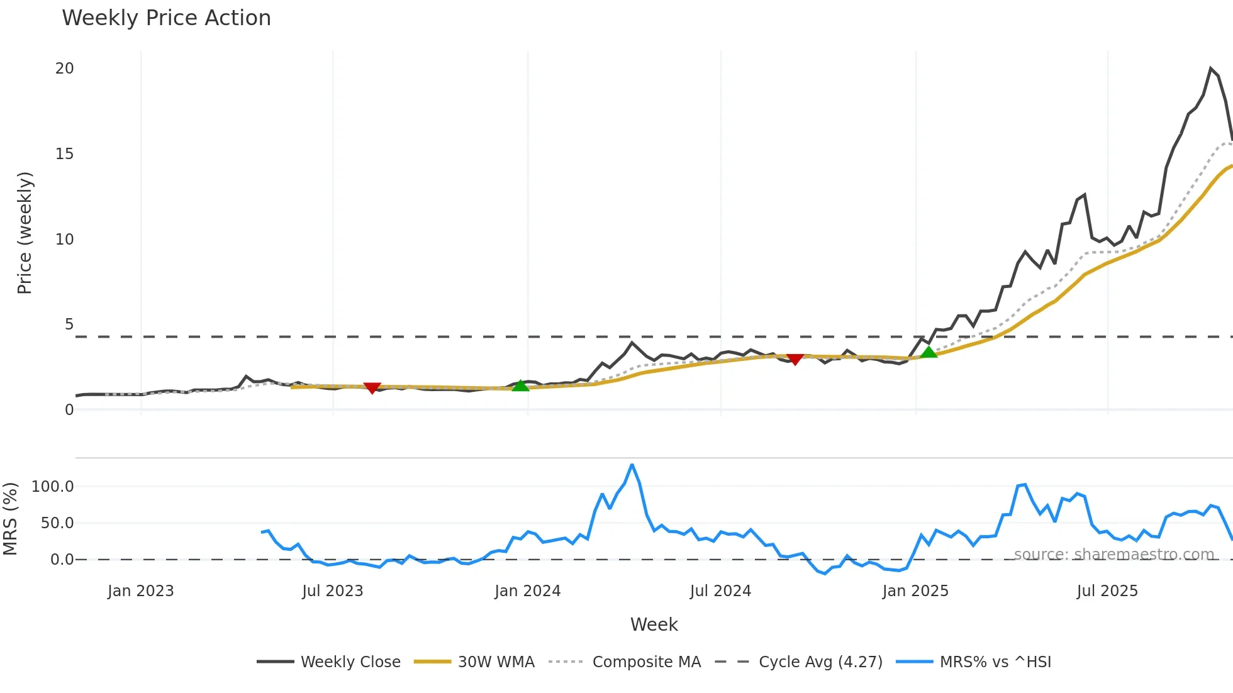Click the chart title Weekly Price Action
(166, 18)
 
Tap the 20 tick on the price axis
(65, 69)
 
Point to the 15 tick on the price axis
(65, 154)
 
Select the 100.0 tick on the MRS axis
(53, 487)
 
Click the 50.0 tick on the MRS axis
(57, 523)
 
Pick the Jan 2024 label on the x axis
(527, 591)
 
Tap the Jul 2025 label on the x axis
(1107, 591)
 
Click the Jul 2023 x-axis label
(333, 591)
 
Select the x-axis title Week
(654, 624)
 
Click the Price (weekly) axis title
(25, 233)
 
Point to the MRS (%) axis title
(10, 519)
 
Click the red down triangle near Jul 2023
(372, 388)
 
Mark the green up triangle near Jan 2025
(929, 352)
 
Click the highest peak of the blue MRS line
(632, 465)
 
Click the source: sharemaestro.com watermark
(1113, 555)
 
